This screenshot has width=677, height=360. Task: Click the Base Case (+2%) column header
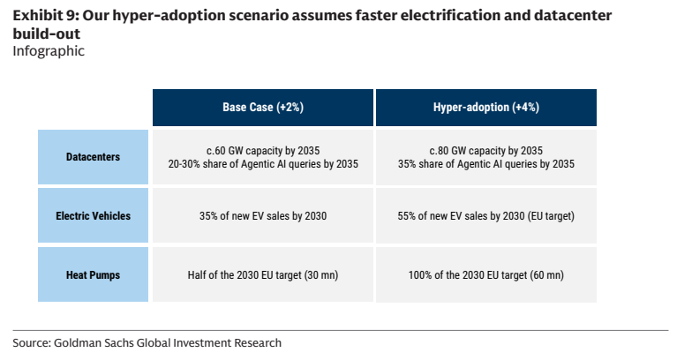[x=263, y=108]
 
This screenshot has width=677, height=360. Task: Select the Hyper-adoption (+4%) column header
[x=486, y=108]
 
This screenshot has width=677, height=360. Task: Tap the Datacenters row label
[x=93, y=157]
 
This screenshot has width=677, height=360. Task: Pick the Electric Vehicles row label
[x=93, y=216]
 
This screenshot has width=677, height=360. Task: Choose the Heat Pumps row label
[x=93, y=275]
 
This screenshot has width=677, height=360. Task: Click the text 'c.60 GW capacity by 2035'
[x=263, y=151]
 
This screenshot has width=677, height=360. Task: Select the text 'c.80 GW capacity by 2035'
[x=486, y=151]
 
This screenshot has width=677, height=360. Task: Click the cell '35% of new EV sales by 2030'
[x=263, y=216]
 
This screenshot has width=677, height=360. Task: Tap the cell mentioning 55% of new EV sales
[x=486, y=216]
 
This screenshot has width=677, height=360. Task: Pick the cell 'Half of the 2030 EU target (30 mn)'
[x=263, y=275]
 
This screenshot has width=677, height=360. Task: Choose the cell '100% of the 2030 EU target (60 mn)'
[x=486, y=275]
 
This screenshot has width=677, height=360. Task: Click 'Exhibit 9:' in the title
[x=45, y=16]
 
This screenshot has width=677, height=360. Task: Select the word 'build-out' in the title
[x=46, y=34]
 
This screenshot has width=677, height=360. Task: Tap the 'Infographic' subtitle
[x=49, y=51]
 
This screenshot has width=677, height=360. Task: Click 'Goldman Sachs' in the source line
[x=94, y=342]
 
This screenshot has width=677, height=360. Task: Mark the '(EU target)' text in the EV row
[x=551, y=216]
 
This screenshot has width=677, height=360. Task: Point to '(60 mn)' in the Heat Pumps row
[x=545, y=275]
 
